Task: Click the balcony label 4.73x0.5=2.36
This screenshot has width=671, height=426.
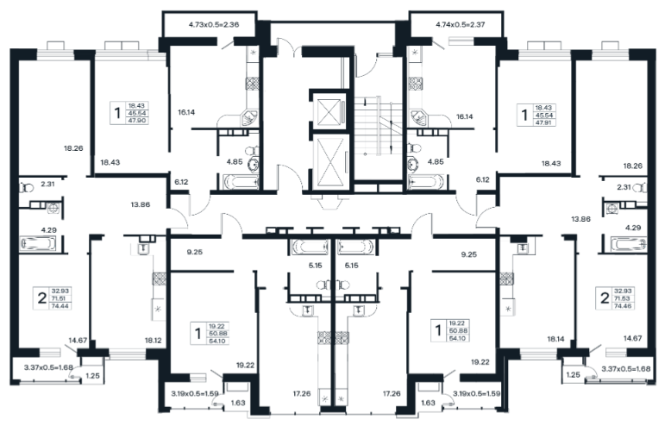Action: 214,24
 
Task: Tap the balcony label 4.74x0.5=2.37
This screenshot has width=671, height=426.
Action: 460,24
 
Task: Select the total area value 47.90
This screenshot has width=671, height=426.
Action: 137,121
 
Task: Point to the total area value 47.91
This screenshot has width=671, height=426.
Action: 544,122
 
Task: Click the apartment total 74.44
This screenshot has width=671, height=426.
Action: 61,306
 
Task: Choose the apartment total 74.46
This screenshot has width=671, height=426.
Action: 624,306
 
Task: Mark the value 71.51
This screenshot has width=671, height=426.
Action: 61,298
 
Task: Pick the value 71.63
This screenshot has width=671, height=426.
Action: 624,298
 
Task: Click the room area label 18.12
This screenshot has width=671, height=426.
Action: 153,341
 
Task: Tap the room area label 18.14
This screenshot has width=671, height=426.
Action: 555,339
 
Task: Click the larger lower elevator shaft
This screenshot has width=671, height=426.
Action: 331,161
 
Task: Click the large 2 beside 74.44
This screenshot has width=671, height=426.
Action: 42,298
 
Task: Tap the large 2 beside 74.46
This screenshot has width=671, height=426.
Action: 605,298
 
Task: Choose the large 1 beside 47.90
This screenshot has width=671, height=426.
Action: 117,113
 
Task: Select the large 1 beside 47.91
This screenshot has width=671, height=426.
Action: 524,115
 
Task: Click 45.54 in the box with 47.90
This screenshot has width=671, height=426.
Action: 137,113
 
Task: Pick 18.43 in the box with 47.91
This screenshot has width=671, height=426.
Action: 544,108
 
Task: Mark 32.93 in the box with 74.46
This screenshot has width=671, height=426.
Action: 624,291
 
